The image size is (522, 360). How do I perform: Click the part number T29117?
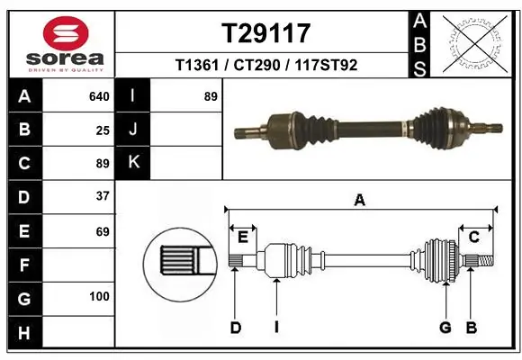pos(266,33)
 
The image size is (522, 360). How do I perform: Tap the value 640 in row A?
pos(99,96)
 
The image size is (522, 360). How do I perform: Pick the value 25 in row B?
pos(103,130)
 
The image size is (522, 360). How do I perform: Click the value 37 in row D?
pos(103,196)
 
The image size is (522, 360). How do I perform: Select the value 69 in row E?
pos(103,231)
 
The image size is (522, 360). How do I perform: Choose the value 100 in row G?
pos(99,297)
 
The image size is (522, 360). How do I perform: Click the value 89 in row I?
pos(211,96)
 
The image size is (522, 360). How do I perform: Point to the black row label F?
pos(23,265)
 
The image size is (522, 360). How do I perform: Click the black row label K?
pos(134,162)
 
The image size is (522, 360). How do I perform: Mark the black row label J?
pos(134,130)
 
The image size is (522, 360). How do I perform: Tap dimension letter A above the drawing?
pos(360,201)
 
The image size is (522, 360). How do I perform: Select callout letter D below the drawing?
pos(235,328)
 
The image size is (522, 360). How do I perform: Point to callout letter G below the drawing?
pos(445,328)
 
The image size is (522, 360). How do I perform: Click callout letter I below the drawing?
pos(276,328)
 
